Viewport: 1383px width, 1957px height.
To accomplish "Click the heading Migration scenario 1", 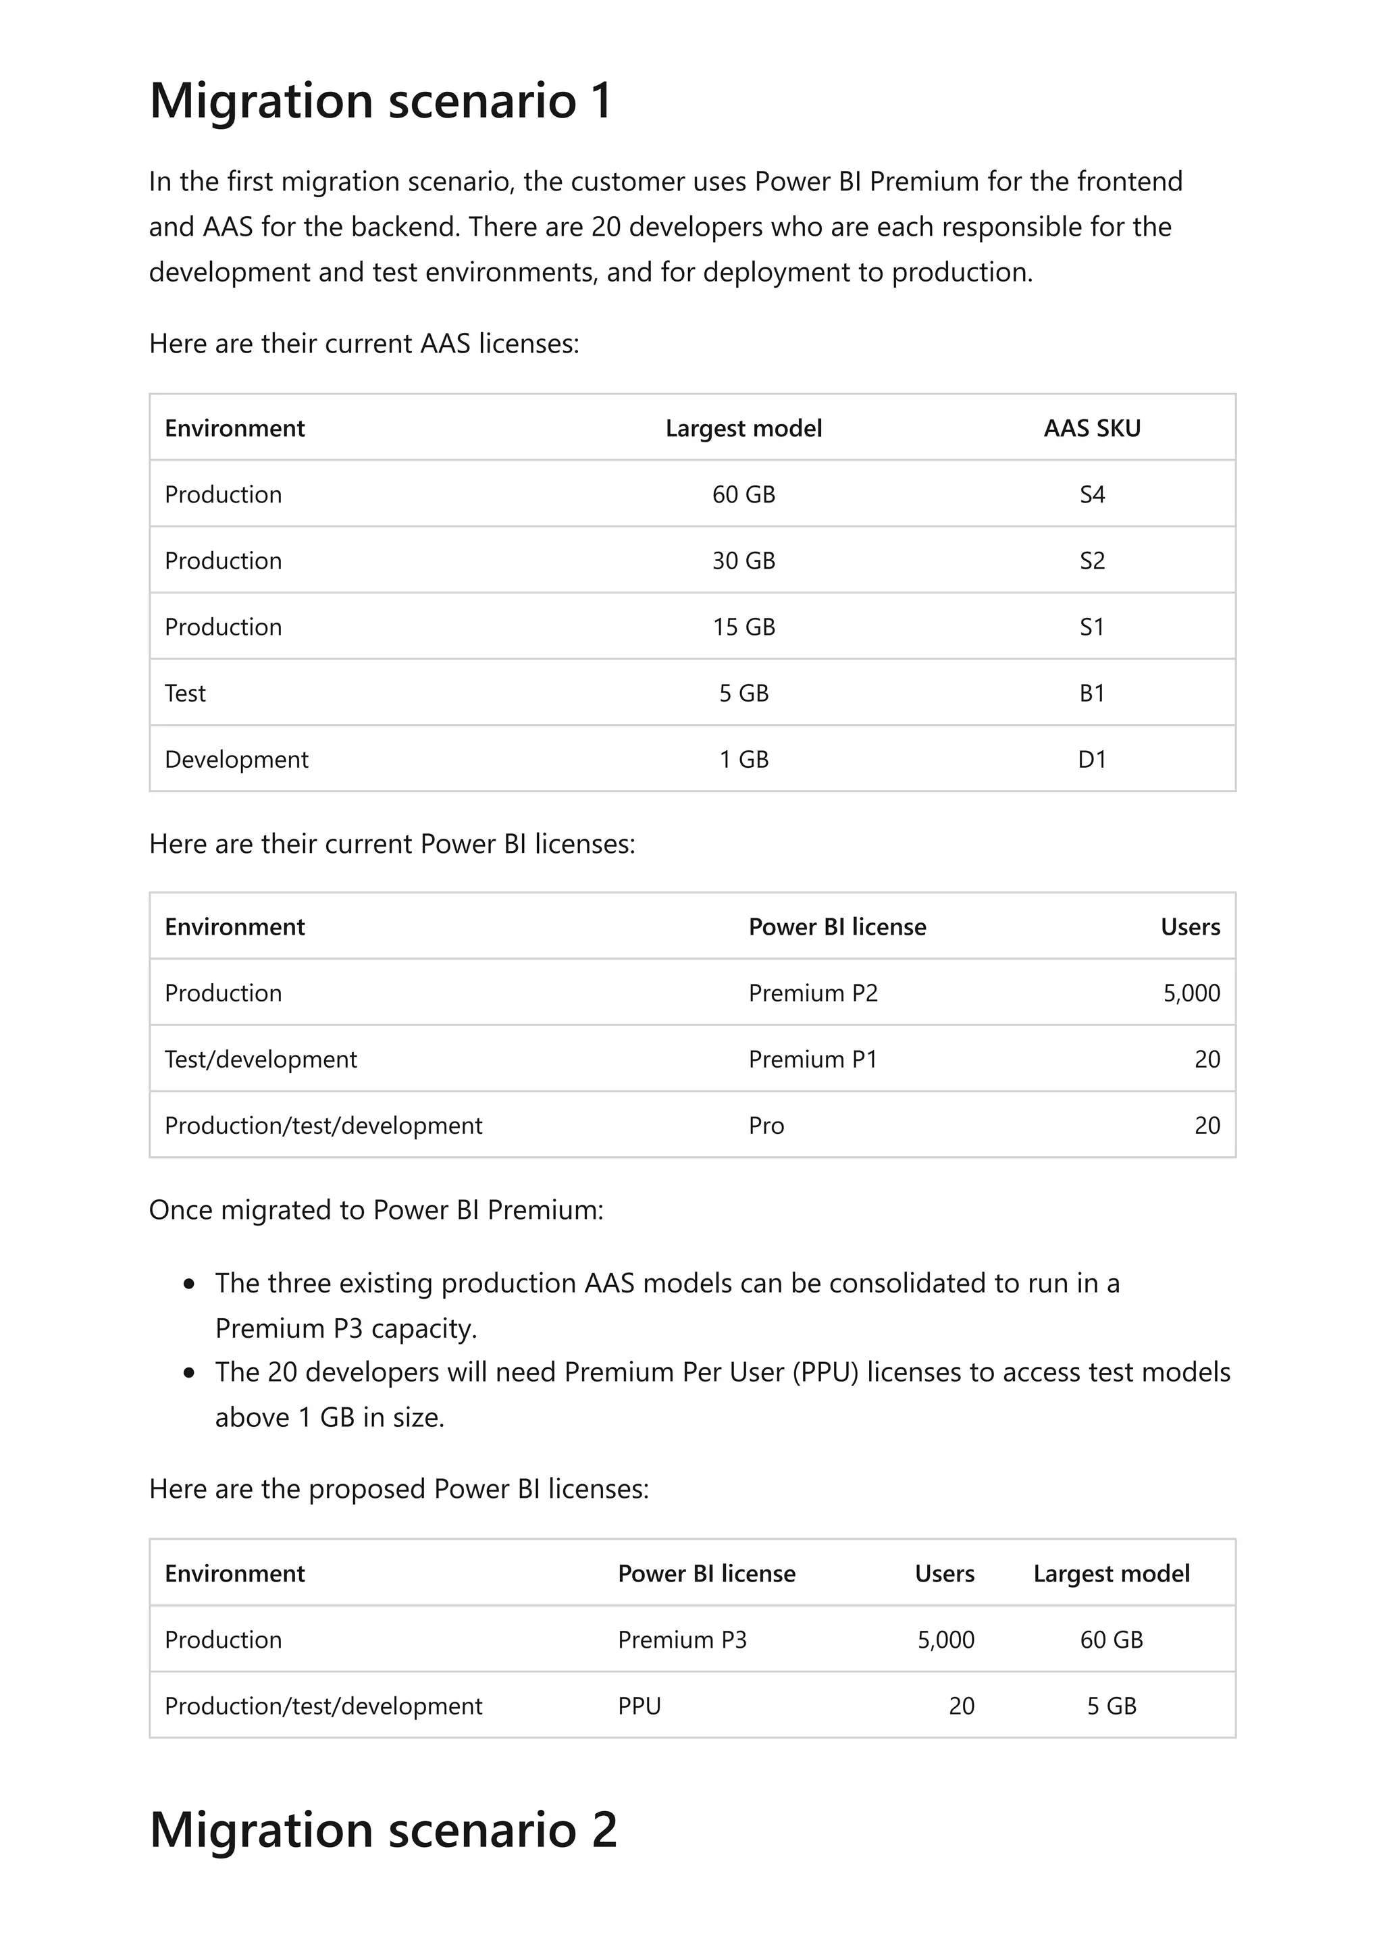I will (x=381, y=101).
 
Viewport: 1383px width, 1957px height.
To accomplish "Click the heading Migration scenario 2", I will (x=383, y=1829).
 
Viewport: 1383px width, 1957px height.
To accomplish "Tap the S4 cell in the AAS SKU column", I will (x=1091, y=494).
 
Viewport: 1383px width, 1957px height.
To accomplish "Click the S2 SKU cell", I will (x=1091, y=561).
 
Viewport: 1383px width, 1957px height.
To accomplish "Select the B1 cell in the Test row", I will (x=1091, y=693).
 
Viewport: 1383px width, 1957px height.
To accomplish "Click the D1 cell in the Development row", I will (x=1091, y=760).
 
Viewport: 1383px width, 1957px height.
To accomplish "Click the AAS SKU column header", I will (x=1091, y=428).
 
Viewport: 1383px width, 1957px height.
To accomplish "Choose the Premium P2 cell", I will (x=813, y=993).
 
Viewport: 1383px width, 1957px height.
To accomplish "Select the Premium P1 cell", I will (x=813, y=1060).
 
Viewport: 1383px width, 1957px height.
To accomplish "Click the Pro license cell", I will (x=766, y=1126).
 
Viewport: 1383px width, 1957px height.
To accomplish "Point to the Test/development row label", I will (x=261, y=1060).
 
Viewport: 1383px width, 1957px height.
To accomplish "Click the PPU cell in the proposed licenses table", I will (x=639, y=1706).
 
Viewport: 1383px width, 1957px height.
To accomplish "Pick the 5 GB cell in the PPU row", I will (x=1111, y=1706).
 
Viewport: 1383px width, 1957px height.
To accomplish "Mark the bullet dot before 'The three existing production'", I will (x=189, y=1284).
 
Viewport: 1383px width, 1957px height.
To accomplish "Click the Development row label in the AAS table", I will (x=236, y=760).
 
